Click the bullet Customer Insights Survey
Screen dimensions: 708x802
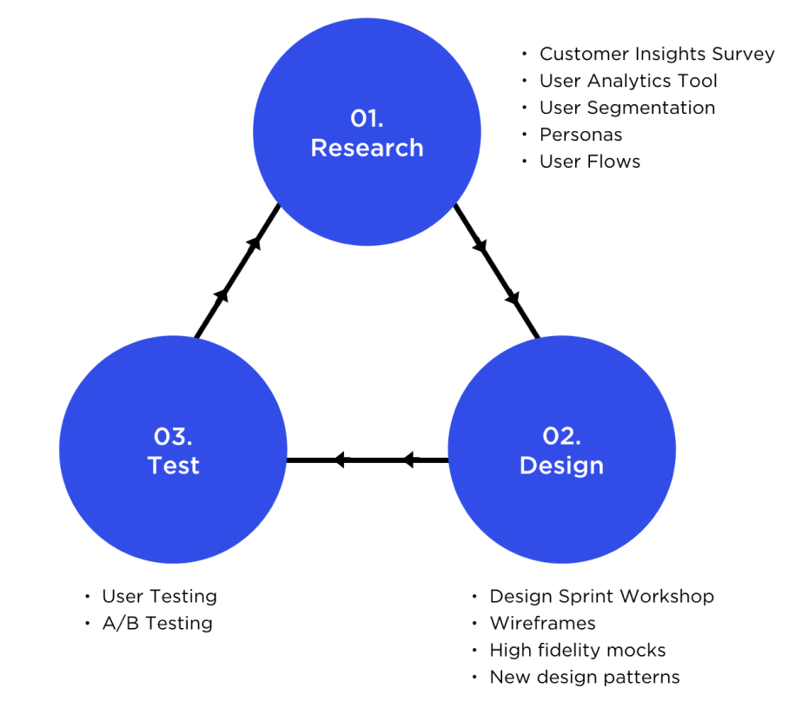coord(656,54)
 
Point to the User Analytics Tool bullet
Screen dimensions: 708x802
coord(628,81)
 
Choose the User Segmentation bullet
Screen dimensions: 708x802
coord(626,108)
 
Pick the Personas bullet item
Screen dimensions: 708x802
coord(580,135)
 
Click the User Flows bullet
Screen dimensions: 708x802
coord(589,162)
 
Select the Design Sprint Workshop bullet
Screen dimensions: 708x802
coord(601,597)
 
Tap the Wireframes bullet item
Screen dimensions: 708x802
coord(542,624)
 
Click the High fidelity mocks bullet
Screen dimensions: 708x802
coord(577,651)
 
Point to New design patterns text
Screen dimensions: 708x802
coord(584,678)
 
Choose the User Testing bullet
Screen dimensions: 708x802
coord(159,597)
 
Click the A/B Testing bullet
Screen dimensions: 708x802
coord(156,624)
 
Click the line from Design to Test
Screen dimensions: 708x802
coord(368,460)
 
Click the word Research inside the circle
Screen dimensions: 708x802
coord(367,148)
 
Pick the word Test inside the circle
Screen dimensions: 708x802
coord(174,466)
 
